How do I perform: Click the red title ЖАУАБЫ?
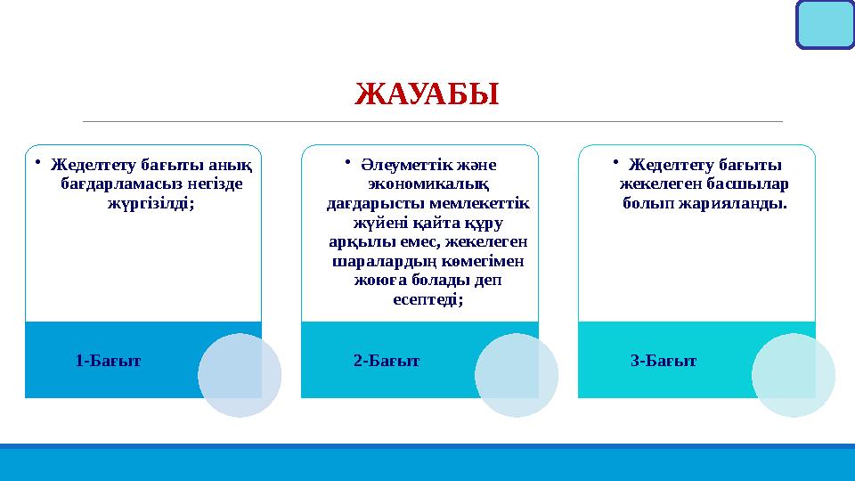point(427,93)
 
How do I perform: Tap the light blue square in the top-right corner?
point(825,24)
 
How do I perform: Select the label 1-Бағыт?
point(108,361)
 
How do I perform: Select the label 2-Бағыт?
point(386,361)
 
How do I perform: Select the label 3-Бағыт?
point(664,361)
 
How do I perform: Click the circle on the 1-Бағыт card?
point(239,375)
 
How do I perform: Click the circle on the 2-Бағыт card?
point(517,375)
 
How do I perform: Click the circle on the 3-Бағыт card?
point(794,375)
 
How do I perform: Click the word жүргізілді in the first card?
point(148,203)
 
